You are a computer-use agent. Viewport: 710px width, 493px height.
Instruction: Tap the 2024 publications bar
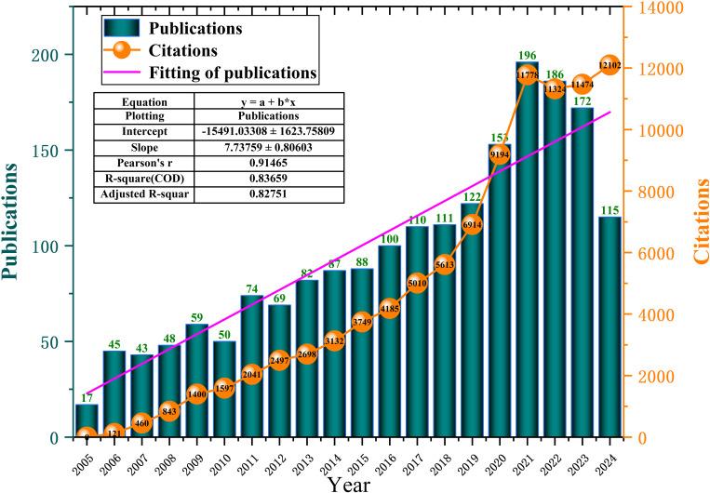[x=609, y=326]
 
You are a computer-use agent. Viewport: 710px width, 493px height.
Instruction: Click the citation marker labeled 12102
[x=609, y=65]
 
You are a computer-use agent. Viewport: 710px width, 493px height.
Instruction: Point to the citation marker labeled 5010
[x=417, y=283]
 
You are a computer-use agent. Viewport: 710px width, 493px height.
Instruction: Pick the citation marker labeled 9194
[x=499, y=154]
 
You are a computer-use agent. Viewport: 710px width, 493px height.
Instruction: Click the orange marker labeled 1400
[x=196, y=394]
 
